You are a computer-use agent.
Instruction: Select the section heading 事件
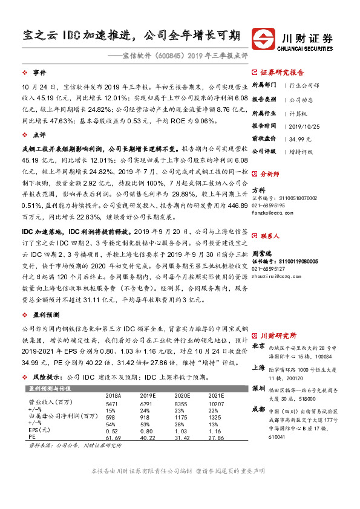click(x=39, y=71)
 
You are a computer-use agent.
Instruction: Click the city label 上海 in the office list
click(x=258, y=367)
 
